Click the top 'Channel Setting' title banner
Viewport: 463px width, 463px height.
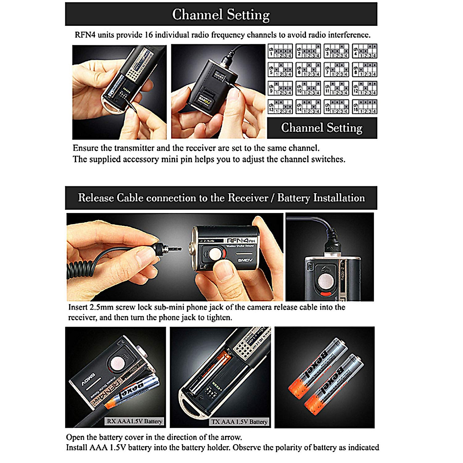click(x=221, y=14)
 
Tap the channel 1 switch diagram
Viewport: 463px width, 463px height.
click(x=280, y=51)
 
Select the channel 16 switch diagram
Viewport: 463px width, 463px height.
click(x=364, y=107)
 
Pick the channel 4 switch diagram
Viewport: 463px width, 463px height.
click(x=364, y=51)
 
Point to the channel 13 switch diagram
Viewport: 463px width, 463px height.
click(x=280, y=107)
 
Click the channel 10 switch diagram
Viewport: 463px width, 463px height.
click(x=308, y=88)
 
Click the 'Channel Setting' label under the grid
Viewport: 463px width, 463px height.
click(x=322, y=128)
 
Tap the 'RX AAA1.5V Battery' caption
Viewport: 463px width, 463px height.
click(x=134, y=421)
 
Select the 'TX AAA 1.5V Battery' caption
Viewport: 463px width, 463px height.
click(x=239, y=422)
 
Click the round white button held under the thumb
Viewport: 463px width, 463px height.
click(x=216, y=254)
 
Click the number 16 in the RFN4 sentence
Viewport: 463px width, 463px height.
click(x=149, y=35)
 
